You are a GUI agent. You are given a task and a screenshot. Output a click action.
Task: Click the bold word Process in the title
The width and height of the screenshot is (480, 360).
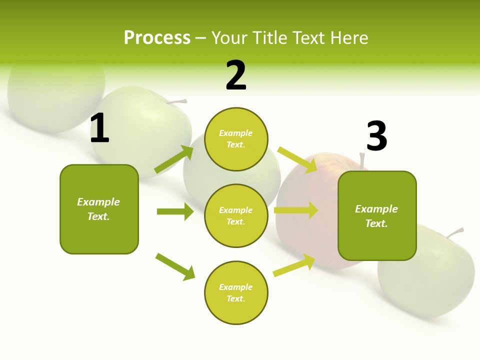(157, 38)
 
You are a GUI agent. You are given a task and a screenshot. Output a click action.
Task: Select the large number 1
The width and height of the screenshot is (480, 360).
(99, 129)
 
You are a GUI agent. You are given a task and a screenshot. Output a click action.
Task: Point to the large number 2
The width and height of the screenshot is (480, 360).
(236, 75)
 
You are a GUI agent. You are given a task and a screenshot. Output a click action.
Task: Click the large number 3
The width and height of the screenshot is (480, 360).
(377, 136)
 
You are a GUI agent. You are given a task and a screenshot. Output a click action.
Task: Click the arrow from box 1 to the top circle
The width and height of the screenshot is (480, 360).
(174, 159)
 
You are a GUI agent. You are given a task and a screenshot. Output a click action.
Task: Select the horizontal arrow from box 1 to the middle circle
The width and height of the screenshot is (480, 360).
(175, 211)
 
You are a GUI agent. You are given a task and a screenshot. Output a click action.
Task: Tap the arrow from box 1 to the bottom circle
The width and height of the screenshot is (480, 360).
(175, 266)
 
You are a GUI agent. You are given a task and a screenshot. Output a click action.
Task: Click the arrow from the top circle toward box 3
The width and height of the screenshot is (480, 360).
(298, 159)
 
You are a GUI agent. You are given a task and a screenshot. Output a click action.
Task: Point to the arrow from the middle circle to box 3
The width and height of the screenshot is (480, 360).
(296, 210)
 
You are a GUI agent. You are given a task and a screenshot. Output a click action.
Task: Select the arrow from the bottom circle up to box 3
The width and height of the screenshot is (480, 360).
(294, 265)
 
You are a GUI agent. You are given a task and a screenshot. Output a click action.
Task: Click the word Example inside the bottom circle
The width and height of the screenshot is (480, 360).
(236, 287)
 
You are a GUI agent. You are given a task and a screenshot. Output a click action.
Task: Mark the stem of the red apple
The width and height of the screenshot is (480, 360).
(362, 161)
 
